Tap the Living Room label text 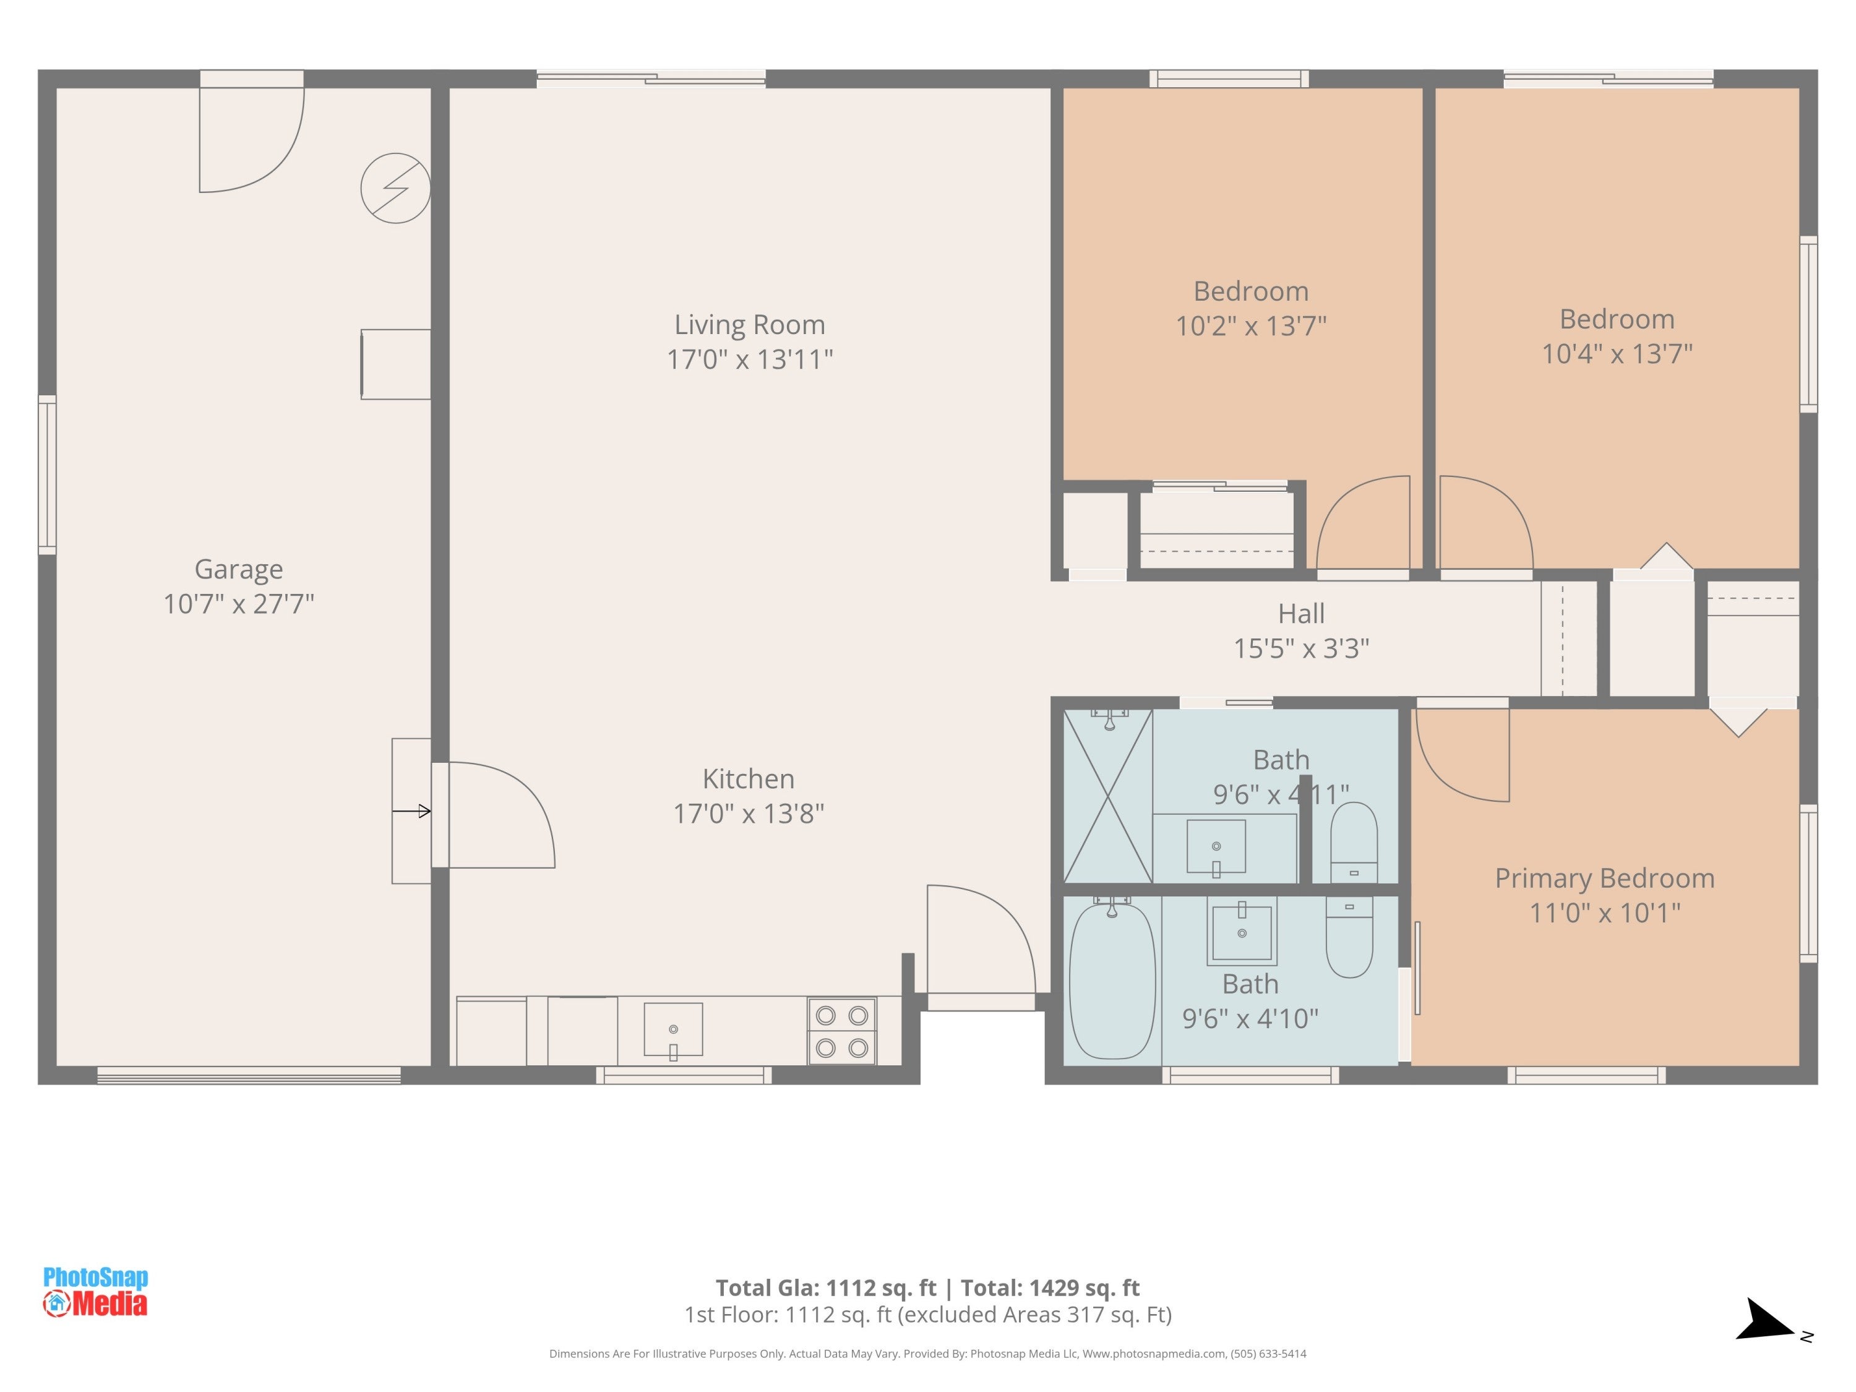pos(749,325)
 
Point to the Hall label pos(1302,613)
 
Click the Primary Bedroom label pos(1604,879)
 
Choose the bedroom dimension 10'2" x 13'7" pos(1250,325)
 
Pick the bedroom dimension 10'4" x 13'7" pos(1617,353)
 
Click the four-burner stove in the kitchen pos(841,1031)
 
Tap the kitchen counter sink pos(673,1030)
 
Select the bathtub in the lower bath pos(1112,979)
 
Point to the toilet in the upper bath pos(1354,841)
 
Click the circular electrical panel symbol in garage pos(396,188)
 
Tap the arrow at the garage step pos(412,811)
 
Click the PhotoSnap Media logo pos(96,1291)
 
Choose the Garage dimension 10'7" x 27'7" pos(238,604)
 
